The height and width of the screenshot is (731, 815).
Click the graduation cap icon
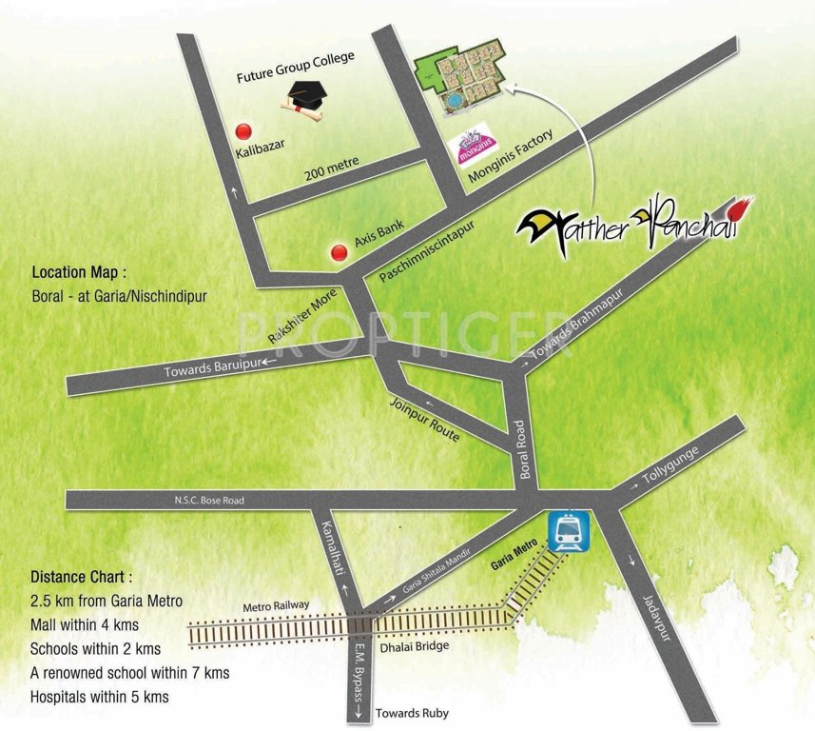click(x=303, y=97)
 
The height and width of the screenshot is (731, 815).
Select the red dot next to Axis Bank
click(x=338, y=252)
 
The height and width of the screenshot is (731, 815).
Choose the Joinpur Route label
click(x=425, y=420)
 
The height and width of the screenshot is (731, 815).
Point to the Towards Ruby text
click(x=412, y=713)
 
